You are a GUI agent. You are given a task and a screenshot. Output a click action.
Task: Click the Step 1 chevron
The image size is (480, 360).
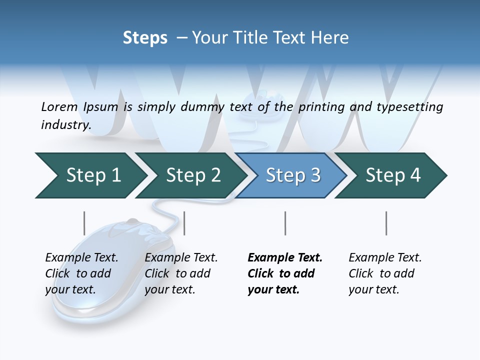pos(93,175)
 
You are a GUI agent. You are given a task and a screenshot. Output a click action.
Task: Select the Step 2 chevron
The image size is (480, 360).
pos(193,175)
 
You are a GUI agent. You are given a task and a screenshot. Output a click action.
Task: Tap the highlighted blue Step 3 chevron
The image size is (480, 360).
pos(293,175)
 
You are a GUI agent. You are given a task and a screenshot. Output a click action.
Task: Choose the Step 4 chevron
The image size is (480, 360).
pos(393,175)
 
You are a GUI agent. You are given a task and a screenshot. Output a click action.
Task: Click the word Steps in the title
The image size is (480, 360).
pos(145,38)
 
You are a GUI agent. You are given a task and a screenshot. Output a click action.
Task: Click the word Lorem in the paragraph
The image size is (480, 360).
pos(59,107)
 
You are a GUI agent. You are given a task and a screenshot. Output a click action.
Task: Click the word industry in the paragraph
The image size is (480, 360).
pos(66,124)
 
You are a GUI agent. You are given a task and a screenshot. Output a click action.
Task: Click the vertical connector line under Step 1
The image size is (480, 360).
pos(84,223)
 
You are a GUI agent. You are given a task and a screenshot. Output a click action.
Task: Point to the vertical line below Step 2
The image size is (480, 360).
pos(184,223)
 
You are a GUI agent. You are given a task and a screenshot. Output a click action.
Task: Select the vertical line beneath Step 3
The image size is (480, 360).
pos(285,223)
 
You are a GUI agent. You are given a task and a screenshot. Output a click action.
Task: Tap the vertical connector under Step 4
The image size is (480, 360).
pos(386,223)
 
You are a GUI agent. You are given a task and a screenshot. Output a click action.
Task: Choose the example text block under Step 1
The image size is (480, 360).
pos(81,273)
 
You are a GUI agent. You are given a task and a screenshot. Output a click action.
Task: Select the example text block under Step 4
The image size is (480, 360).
pos(385,273)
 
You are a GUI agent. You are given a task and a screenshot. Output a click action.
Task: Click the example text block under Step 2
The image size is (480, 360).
pos(181,273)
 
